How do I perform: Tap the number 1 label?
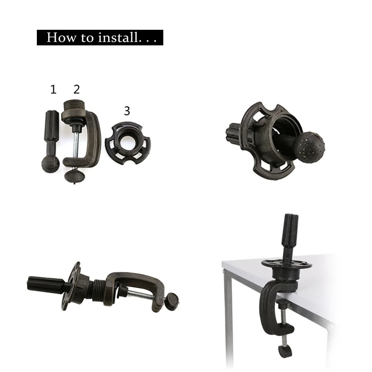pyautogui.click(x=53, y=89)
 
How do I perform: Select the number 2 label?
pyautogui.click(x=77, y=89)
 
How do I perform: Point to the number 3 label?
pyautogui.click(x=127, y=110)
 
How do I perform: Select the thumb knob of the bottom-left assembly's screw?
pyautogui.click(x=172, y=300)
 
